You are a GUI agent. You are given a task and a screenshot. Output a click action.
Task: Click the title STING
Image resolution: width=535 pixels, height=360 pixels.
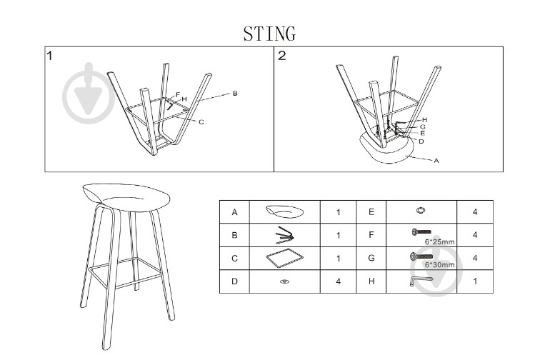click(269, 34)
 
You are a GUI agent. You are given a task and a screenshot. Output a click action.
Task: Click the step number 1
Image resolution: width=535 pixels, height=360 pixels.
click(51, 56)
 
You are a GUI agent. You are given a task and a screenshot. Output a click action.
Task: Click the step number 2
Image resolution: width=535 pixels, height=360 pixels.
click(282, 56)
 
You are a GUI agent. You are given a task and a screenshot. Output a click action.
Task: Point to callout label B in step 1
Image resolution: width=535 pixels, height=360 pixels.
click(234, 94)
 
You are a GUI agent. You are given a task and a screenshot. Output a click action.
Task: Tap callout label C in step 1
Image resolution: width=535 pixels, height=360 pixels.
click(201, 122)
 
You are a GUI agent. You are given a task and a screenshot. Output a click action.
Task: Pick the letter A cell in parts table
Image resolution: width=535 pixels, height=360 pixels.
click(234, 212)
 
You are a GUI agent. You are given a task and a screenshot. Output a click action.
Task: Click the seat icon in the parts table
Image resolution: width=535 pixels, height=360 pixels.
click(284, 211)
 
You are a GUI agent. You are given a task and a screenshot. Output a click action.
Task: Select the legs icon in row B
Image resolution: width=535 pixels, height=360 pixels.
click(284, 234)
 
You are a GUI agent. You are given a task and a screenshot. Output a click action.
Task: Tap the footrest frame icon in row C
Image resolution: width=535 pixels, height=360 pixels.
click(284, 258)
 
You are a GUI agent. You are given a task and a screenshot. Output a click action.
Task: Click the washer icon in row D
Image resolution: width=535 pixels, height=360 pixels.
click(284, 281)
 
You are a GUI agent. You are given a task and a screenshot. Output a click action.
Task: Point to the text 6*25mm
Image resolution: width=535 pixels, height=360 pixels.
click(439, 241)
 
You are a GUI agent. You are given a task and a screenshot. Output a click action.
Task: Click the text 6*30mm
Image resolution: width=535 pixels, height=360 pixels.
click(439, 264)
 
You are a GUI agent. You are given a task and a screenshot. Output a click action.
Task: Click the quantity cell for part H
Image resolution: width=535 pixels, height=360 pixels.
click(474, 281)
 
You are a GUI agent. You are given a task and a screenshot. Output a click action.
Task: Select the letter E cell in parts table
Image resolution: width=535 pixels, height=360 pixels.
click(371, 212)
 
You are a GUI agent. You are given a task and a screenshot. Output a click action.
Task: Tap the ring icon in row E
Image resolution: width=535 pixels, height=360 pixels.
click(421, 211)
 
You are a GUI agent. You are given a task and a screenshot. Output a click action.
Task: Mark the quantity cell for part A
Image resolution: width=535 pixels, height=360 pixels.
click(339, 212)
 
